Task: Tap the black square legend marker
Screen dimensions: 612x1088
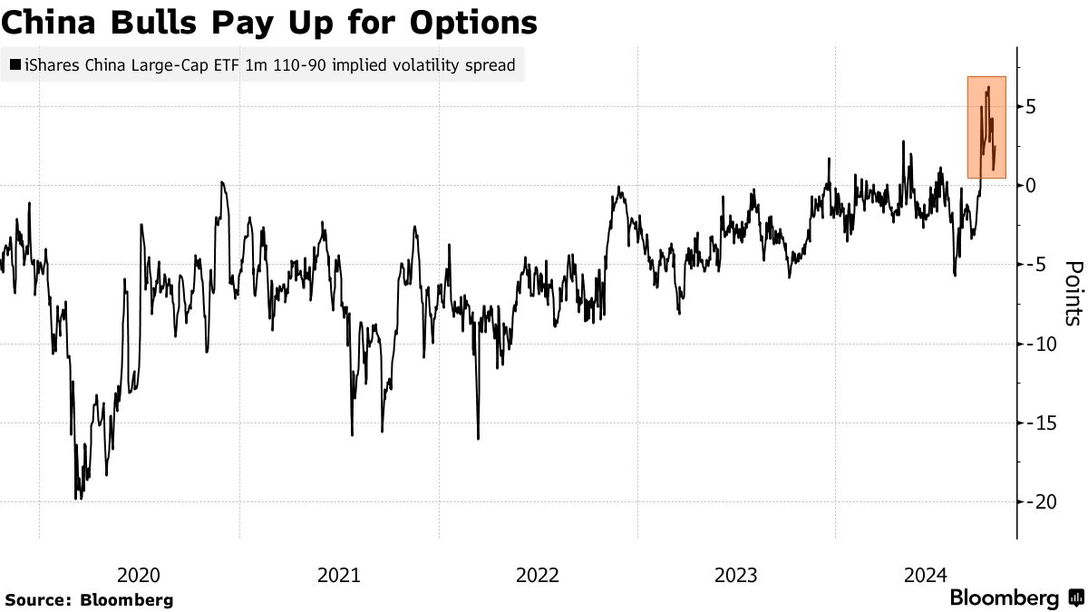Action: pyautogui.click(x=15, y=65)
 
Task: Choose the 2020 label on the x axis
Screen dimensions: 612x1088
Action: pyautogui.click(x=140, y=574)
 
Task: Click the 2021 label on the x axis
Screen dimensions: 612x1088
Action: pyautogui.click(x=338, y=574)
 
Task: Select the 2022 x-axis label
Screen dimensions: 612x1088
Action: pyautogui.click(x=538, y=574)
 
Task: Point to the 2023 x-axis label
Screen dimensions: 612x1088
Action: pyautogui.click(x=736, y=574)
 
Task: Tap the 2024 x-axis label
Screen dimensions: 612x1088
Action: pyautogui.click(x=926, y=574)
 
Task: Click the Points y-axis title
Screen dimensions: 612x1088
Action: pyautogui.click(x=1073, y=293)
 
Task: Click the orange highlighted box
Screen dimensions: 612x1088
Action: pyautogui.click(x=986, y=127)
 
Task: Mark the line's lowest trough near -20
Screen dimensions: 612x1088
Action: pyautogui.click(x=76, y=498)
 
